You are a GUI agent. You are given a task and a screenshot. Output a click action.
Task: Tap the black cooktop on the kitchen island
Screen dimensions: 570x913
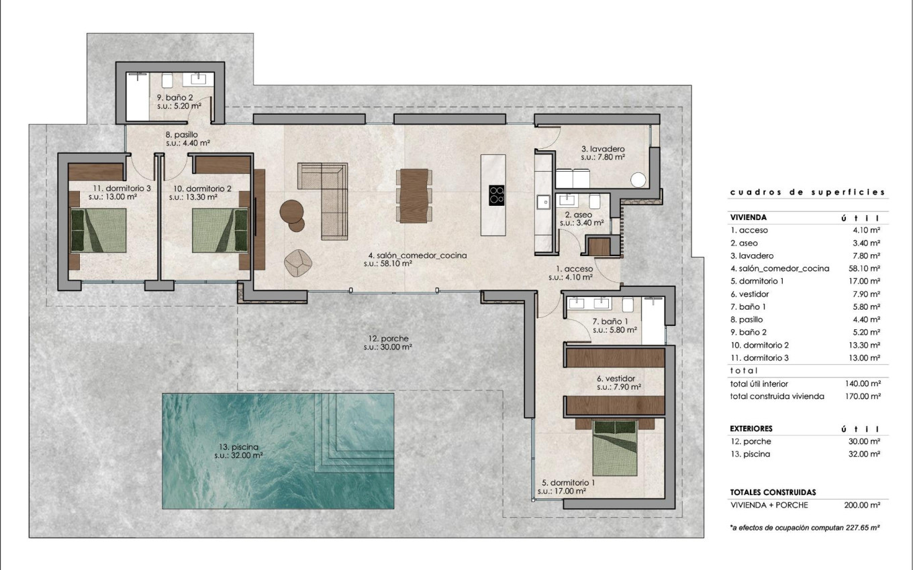click(497, 194)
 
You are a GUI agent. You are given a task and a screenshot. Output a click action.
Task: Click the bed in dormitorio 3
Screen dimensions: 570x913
click(99, 230)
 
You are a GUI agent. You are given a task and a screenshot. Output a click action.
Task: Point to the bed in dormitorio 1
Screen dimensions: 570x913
click(614, 447)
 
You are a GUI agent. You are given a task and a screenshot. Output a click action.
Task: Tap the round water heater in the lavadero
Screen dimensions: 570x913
click(638, 180)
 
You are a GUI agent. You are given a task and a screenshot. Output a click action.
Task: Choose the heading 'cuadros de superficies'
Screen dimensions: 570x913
click(808, 192)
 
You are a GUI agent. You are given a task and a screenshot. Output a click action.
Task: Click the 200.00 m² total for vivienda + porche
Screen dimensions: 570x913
click(862, 505)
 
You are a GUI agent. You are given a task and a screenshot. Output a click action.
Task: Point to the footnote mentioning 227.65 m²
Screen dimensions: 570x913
click(805, 528)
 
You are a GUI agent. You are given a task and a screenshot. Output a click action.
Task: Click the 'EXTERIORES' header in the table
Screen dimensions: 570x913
click(751, 429)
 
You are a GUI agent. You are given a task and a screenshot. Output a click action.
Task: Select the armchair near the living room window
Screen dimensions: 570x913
click(299, 262)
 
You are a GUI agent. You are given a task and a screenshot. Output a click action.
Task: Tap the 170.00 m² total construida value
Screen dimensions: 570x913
click(862, 396)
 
